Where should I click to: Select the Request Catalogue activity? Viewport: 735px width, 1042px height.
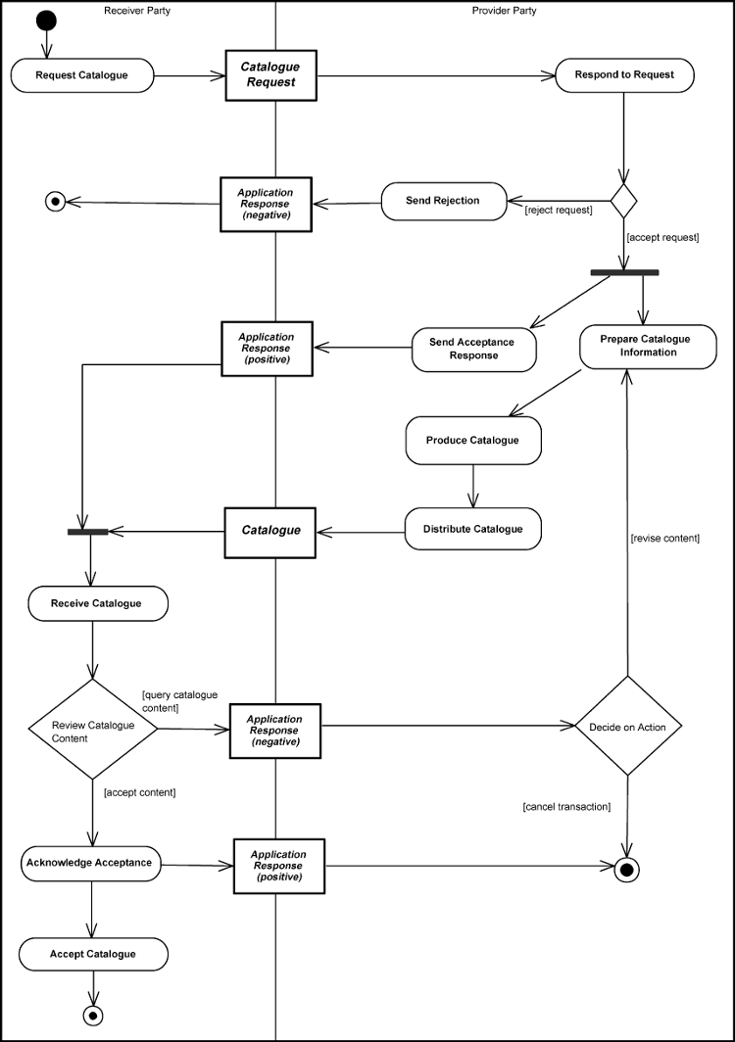pyautogui.click(x=82, y=75)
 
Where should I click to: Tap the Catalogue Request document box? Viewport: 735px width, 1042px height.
pyautogui.click(x=270, y=75)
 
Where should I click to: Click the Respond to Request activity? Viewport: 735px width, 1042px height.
pyautogui.click(x=625, y=75)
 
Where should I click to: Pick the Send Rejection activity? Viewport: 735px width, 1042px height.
pyautogui.click(x=443, y=201)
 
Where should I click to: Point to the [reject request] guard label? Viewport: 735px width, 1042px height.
pyautogui.click(x=559, y=210)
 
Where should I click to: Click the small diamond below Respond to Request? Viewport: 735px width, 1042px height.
pyautogui.click(x=624, y=200)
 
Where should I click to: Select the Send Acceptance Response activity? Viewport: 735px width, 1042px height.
pyautogui.click(x=474, y=350)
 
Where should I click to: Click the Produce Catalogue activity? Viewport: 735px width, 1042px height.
pyautogui.click(x=472, y=441)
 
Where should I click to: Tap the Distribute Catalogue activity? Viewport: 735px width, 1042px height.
pyautogui.click(x=472, y=529)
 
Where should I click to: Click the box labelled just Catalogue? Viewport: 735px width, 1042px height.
pyautogui.click(x=270, y=530)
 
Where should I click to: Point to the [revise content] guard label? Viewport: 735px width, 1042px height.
pyautogui.click(x=665, y=539)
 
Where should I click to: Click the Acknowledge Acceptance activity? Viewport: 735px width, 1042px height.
pyautogui.click(x=89, y=863)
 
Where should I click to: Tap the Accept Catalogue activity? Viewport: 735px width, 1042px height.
pyautogui.click(x=93, y=954)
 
